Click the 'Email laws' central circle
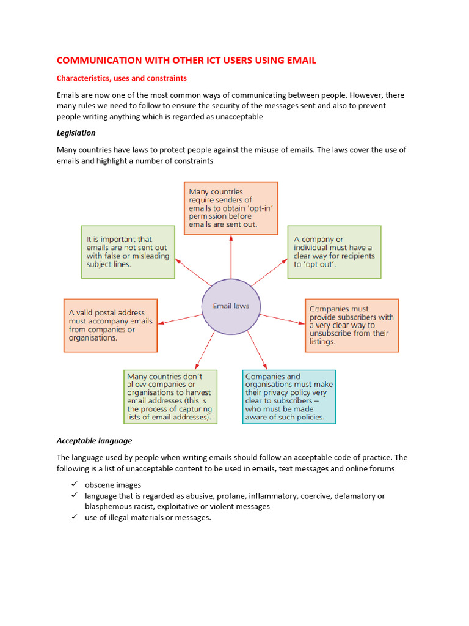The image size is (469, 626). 231,306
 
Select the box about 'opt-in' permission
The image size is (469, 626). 231,208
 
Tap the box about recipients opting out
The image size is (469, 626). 334,252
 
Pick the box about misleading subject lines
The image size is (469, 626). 128,252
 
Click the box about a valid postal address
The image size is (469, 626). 111,325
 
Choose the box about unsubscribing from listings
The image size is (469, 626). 352,325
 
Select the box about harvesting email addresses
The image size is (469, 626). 170,397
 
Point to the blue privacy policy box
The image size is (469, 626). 289,397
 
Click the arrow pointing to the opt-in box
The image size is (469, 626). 231,257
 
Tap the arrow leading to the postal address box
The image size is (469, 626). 180,319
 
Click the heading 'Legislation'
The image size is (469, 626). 76,133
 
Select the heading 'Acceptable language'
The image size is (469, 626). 94,440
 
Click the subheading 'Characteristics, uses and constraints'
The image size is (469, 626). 122,78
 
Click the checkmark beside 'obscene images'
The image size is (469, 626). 73,484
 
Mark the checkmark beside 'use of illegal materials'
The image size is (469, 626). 73,517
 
